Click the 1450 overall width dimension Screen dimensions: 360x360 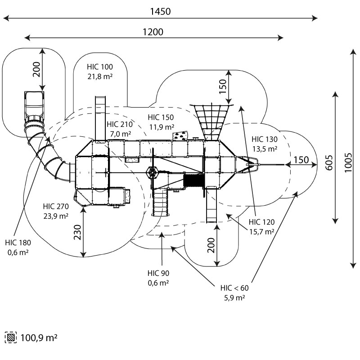click(160, 12)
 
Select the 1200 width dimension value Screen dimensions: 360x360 click(153, 31)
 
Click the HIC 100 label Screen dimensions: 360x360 click(100, 67)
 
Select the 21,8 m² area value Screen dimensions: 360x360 click(100, 76)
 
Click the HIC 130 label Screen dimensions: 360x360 click(265, 139)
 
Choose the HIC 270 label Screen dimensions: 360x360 click(56, 207)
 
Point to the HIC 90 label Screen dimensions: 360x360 click(158, 273)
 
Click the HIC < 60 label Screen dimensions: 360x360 click(234, 288)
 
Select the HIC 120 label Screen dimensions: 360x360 click(261, 222)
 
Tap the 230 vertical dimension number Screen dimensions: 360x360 click(77, 232)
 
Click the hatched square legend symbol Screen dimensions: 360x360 click(10, 337)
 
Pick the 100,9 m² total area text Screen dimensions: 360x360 click(39, 337)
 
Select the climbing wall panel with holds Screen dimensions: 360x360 click(180, 135)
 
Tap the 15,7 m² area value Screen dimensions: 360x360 click(261, 231)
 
